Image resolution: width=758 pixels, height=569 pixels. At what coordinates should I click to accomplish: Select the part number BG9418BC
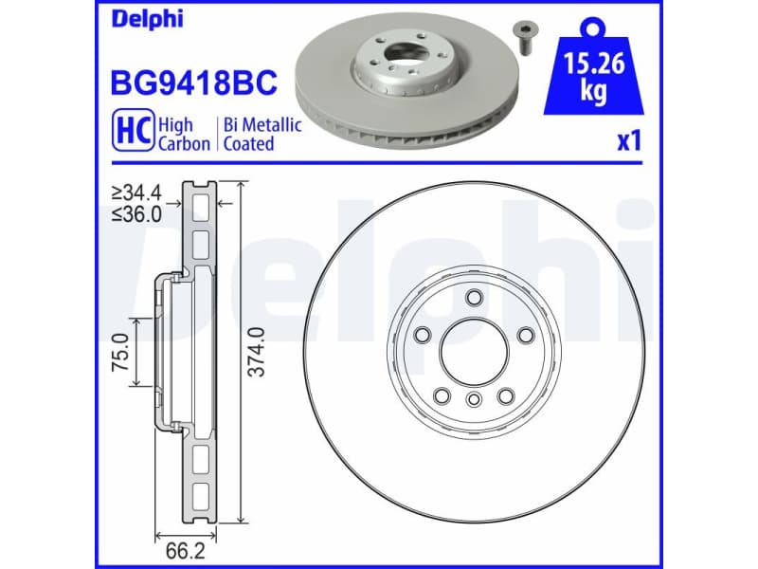coord(194,83)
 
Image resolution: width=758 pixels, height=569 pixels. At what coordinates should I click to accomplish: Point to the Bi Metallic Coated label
coord(262,134)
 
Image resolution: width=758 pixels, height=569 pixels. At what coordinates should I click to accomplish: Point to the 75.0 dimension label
coord(119,352)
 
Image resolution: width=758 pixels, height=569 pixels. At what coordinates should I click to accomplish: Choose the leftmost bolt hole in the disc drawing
coord(424,334)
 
